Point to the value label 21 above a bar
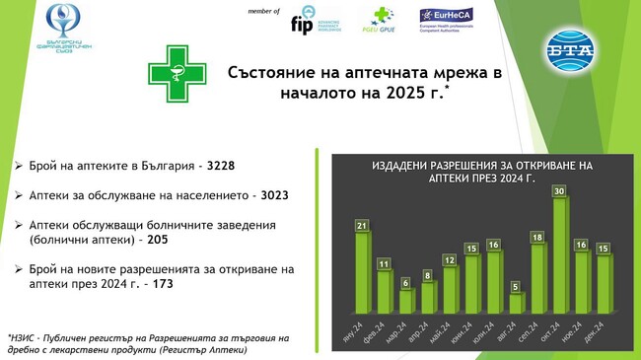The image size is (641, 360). tap(362, 227)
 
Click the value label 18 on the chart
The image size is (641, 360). tap(537, 238)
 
